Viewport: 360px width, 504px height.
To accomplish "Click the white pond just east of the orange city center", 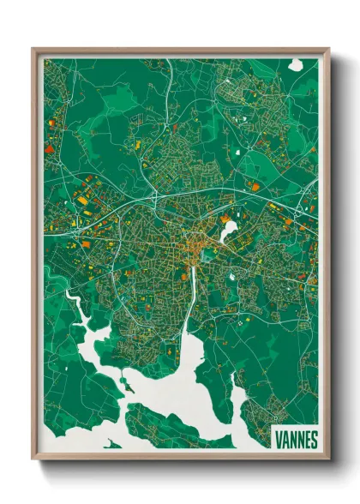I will tap(229, 230).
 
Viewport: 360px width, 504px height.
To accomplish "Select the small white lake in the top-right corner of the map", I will tap(296, 64).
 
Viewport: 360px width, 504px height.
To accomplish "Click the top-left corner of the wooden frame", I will tap(33, 49).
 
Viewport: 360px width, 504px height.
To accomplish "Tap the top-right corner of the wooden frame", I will tap(328, 49).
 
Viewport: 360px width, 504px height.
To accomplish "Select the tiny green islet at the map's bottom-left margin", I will tap(112, 444).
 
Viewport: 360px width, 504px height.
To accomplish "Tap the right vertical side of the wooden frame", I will tap(326, 257).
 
